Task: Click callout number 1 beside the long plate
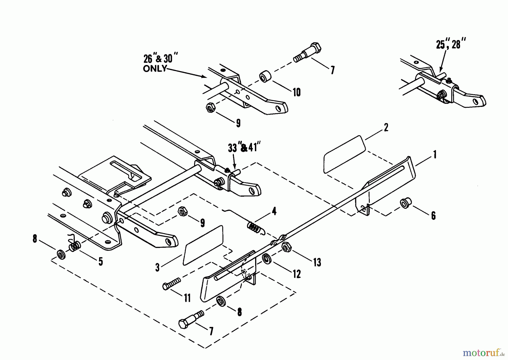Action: [435, 155]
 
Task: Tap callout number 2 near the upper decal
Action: [386, 127]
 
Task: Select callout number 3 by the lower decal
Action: [157, 267]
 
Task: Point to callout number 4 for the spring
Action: [273, 211]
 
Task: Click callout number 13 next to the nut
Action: [317, 262]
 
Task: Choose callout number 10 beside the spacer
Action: [296, 92]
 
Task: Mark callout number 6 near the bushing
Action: [433, 216]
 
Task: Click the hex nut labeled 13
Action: [287, 247]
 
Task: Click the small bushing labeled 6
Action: [406, 203]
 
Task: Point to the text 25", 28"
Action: [450, 45]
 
